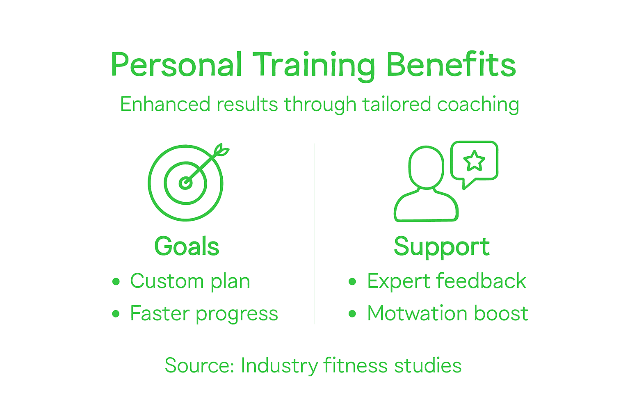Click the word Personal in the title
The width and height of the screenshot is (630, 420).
click(176, 65)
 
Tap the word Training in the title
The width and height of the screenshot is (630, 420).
click(313, 65)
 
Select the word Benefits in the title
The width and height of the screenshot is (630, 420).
click(451, 65)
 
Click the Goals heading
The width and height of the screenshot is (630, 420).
click(187, 246)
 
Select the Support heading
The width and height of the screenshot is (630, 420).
click(441, 246)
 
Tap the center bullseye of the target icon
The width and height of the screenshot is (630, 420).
click(185, 183)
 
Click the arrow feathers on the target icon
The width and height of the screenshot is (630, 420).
click(221, 151)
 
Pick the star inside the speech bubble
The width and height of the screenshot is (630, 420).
click(474, 160)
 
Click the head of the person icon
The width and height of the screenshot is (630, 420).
click(426, 167)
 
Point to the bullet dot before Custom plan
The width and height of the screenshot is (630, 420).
click(116, 281)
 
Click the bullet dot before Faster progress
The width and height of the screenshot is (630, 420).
click(116, 314)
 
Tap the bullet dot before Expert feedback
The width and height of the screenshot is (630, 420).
click(352, 281)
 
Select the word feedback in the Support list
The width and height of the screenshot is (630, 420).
click(481, 281)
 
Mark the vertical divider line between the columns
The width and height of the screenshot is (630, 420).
click(315, 234)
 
